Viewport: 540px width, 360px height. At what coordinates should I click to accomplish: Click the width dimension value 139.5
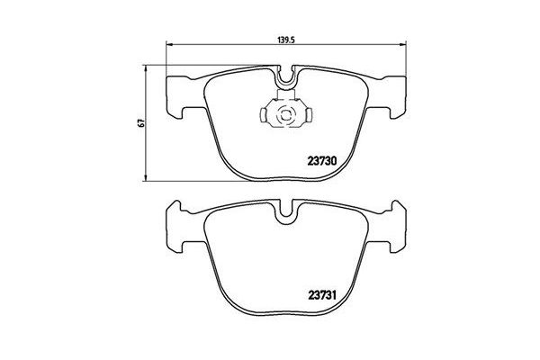coord(286,40)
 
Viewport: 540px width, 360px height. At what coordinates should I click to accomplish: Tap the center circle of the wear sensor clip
coord(286,114)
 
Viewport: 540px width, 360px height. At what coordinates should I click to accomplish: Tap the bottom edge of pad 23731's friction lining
coord(286,312)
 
